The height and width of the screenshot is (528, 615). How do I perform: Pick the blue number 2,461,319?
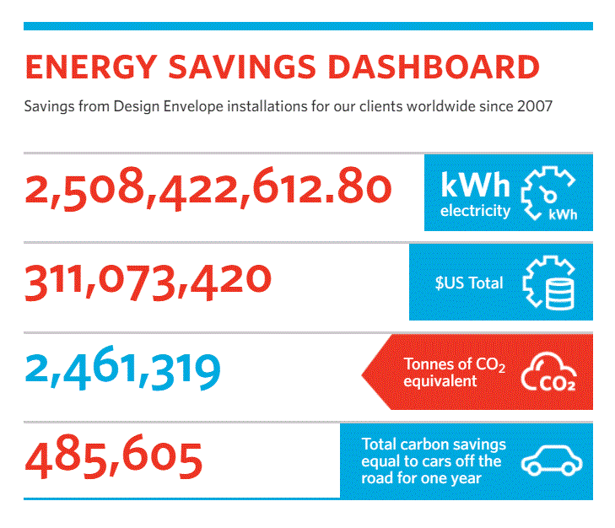click(123, 370)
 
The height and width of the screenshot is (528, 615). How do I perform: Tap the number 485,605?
click(114, 458)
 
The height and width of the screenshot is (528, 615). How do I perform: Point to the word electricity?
click(476, 211)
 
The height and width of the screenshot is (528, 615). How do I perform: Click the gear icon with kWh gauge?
click(549, 192)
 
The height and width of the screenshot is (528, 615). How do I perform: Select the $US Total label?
click(469, 283)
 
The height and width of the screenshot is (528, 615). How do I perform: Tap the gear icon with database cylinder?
click(549, 282)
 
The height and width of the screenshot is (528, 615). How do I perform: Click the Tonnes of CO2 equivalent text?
click(451, 372)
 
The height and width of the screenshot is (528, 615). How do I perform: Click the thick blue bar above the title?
click(308, 26)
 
